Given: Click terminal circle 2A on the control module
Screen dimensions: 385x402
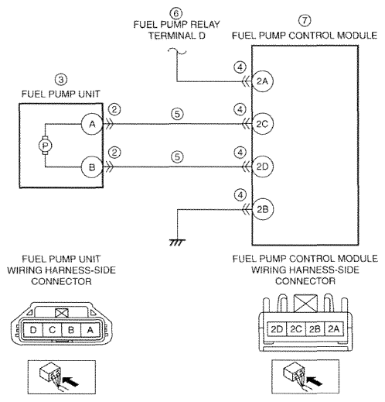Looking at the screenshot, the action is [x=262, y=81].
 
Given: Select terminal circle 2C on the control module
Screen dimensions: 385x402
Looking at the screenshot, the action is [x=262, y=124].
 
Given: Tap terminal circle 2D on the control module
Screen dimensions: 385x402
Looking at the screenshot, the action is [x=262, y=167].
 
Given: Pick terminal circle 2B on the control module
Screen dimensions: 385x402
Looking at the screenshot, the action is [x=262, y=209].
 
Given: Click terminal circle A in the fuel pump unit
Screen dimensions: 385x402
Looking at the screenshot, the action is [x=92, y=124].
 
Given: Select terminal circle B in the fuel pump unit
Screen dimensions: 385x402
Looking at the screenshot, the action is [x=92, y=167].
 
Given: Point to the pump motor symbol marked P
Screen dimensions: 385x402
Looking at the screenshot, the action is [x=46, y=146].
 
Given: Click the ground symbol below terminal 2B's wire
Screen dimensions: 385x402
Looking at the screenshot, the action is [x=177, y=242].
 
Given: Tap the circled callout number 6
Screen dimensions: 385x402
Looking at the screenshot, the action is [x=176, y=13].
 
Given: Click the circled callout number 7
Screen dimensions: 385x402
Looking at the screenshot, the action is [x=305, y=20].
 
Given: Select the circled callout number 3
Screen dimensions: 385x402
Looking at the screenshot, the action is [x=61, y=80].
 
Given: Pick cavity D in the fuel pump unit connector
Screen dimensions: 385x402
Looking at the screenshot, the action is [x=33, y=330].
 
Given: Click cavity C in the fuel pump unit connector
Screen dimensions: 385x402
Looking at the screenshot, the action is [x=53, y=330].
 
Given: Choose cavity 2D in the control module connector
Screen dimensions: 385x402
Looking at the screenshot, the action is [x=277, y=329].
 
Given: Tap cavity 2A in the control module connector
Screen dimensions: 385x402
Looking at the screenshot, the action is [x=334, y=329].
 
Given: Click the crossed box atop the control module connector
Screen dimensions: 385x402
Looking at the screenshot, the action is [x=305, y=304].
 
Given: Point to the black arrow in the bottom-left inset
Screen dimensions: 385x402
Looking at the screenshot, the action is [x=70, y=381].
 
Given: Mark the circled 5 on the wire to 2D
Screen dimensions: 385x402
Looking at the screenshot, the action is [x=177, y=157].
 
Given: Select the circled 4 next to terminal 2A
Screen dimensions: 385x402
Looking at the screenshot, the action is [x=240, y=67].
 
